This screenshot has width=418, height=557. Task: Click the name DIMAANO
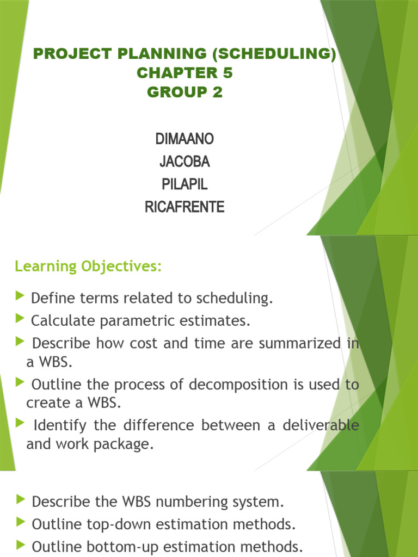pyautogui.click(x=185, y=139)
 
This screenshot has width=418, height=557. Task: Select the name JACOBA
pyautogui.click(x=185, y=162)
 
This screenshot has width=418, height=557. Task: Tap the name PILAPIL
pyautogui.click(x=185, y=184)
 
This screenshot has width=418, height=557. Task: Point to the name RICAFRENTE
pyautogui.click(x=185, y=207)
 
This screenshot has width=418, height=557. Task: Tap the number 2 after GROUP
pyautogui.click(x=218, y=92)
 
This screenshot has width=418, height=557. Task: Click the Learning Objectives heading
pyautogui.click(x=88, y=267)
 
